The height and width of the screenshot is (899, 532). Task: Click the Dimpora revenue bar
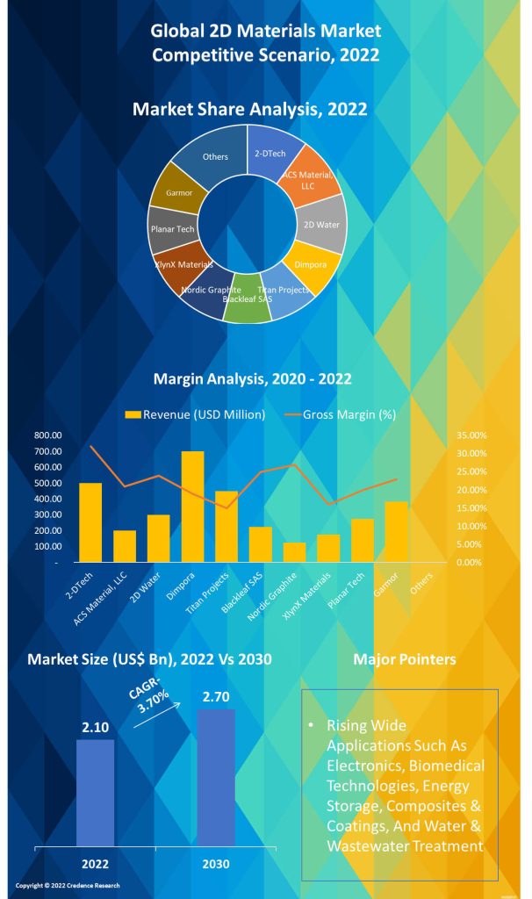click(x=192, y=507)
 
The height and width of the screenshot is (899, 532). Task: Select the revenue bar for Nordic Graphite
click(x=294, y=551)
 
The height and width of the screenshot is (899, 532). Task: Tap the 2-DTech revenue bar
click(x=90, y=521)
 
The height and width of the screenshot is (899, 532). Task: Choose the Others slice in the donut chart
click(x=211, y=157)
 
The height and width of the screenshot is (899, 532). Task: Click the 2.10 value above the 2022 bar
click(x=95, y=728)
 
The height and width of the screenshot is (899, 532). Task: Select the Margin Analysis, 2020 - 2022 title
click(x=253, y=379)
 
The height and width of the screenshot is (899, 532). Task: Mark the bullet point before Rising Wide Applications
click(x=312, y=727)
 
